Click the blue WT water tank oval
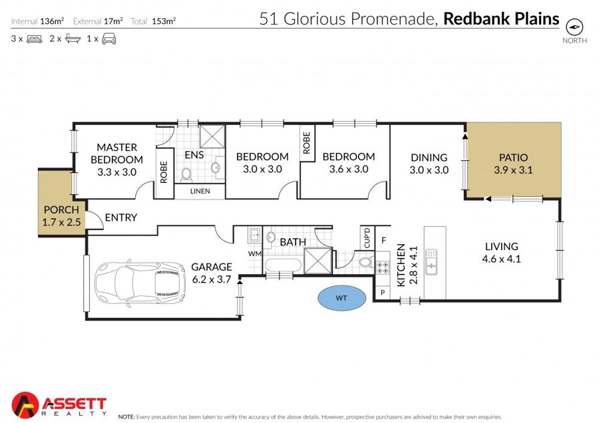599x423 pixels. tap(342, 298)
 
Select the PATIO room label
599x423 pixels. tap(513, 157)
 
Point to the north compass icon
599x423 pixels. tap(574, 27)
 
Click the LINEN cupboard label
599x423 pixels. tap(200, 191)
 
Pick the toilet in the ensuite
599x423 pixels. tap(186, 174)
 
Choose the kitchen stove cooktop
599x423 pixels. tap(383, 267)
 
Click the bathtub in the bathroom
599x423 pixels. tap(283, 265)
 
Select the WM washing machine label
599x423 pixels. tap(255, 253)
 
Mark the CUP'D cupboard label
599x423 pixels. tap(367, 237)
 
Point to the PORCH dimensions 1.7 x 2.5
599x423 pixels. tap(61, 222)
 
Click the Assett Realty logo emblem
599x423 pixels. tap(25, 404)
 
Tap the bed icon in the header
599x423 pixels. tap(35, 39)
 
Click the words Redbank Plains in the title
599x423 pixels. tap(501, 19)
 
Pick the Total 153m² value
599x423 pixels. tap(164, 21)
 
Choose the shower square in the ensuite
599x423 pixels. tap(212, 136)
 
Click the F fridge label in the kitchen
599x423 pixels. tap(384, 240)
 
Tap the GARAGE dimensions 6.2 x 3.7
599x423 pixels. tap(212, 279)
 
